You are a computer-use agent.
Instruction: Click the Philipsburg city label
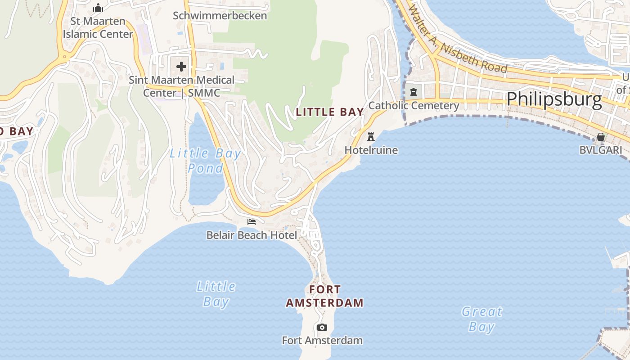click(554, 99)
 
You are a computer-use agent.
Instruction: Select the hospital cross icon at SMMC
click(181, 67)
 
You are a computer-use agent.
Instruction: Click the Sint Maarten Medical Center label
click(181, 86)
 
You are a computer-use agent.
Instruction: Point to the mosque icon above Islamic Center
click(98, 8)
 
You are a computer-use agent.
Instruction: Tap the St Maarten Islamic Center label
click(98, 27)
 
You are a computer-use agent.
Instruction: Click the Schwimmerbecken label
click(220, 16)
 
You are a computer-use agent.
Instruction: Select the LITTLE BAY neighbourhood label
click(330, 112)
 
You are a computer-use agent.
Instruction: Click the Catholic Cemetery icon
click(414, 93)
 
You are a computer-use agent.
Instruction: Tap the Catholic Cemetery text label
click(414, 106)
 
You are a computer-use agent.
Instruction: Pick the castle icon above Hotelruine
click(371, 136)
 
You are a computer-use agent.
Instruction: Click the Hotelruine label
click(371, 150)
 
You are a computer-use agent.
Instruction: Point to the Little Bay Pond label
click(205, 161)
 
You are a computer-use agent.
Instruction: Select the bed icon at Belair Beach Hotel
click(252, 222)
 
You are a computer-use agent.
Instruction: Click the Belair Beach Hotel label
click(252, 235)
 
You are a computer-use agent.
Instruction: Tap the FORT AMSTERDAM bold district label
click(325, 296)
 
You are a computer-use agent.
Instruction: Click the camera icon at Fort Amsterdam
click(322, 327)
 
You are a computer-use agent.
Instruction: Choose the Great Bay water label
click(482, 319)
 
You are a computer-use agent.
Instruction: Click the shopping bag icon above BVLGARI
click(601, 137)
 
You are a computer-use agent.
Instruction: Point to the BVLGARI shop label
click(601, 150)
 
